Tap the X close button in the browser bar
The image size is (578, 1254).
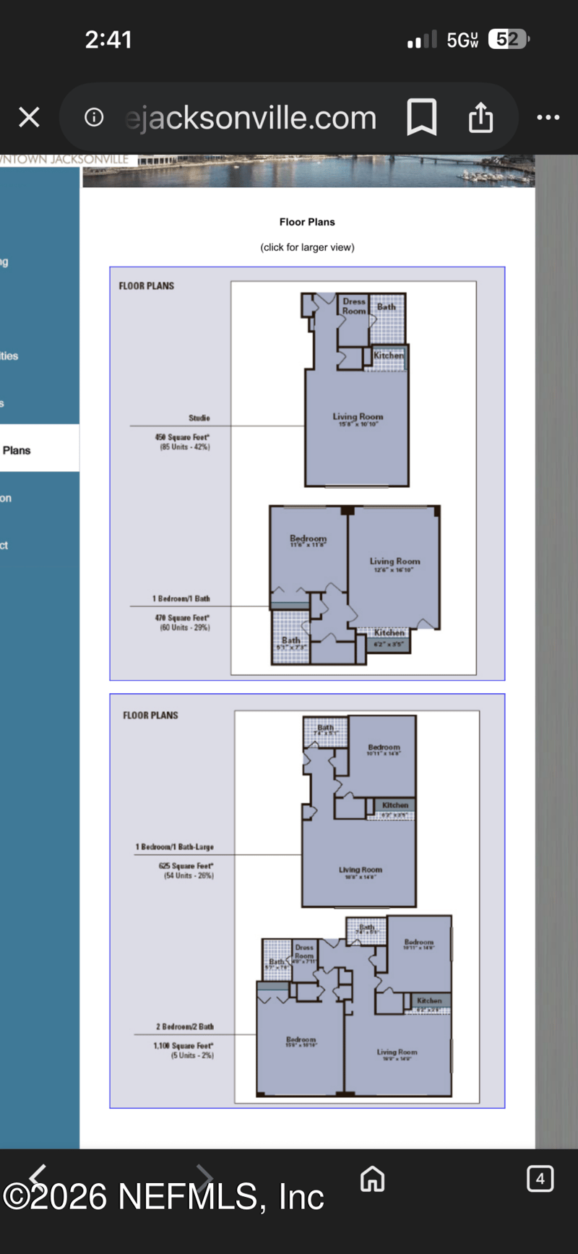click(29, 117)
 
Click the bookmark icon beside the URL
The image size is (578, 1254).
click(421, 117)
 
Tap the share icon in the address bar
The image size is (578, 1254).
click(480, 117)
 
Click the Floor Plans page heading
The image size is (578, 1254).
click(307, 222)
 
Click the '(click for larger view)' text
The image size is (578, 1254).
click(307, 247)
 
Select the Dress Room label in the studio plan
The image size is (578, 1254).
click(354, 306)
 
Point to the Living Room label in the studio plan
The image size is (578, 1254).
click(358, 417)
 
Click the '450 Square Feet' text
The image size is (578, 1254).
click(182, 437)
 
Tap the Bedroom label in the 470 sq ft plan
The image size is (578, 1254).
click(308, 538)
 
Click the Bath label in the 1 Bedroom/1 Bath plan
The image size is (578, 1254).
click(291, 640)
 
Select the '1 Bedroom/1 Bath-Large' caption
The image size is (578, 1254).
click(175, 846)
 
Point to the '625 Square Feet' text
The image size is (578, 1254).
click(186, 865)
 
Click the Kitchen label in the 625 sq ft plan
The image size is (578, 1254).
click(395, 805)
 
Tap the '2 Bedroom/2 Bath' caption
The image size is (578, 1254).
click(185, 1026)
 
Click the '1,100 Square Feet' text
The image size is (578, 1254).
click(184, 1046)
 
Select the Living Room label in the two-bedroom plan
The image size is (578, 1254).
click(397, 1052)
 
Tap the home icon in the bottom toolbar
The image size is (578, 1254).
click(372, 1179)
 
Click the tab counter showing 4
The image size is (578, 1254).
click(540, 1179)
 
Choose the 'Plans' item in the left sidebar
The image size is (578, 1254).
click(17, 450)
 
